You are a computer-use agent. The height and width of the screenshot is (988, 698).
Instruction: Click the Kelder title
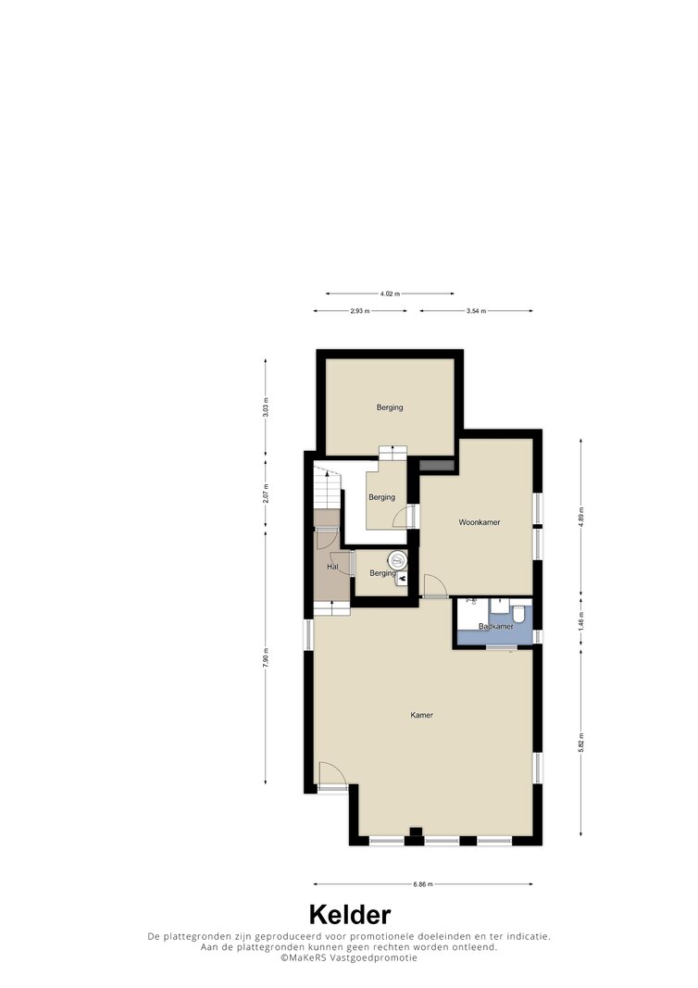350,914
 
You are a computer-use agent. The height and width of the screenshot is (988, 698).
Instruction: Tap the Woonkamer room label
480,522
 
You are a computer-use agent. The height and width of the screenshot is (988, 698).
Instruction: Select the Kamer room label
421,715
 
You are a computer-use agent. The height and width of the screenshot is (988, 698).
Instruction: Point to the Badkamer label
496,626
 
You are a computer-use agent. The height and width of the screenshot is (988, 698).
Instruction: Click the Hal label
332,567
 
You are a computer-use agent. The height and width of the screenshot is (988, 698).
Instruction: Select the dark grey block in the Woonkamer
437,465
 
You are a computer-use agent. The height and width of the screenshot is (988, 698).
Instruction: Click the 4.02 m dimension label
390,294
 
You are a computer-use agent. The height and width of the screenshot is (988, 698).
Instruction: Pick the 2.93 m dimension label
360,311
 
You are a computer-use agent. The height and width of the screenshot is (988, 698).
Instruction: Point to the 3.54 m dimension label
476,311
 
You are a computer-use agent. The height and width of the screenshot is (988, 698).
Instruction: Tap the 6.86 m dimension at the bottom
423,884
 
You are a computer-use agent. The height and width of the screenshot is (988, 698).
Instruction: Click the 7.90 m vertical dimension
266,658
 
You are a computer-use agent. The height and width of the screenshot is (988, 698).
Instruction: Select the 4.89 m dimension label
580,515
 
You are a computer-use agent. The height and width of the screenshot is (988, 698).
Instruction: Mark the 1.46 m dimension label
580,619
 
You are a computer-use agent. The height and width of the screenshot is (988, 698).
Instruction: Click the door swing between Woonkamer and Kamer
435,585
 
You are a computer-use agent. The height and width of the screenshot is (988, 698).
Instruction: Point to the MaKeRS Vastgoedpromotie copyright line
349,957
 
